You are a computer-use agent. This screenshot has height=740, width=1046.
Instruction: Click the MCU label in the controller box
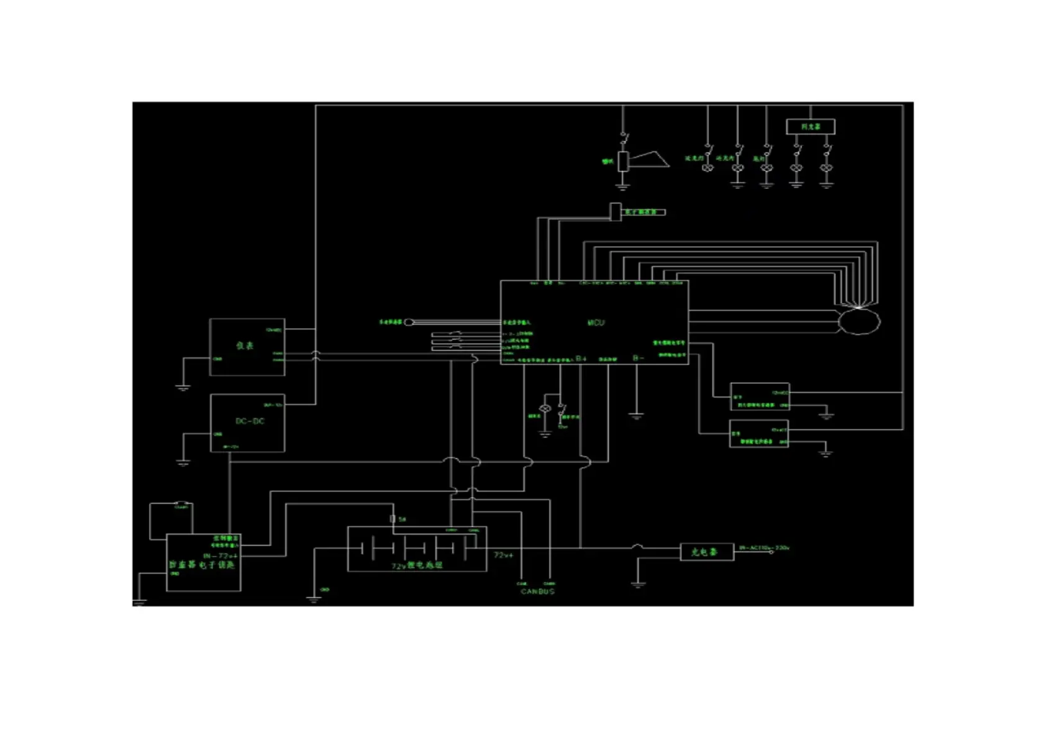click(x=596, y=322)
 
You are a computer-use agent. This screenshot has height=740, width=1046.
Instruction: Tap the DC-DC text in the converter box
click(x=250, y=421)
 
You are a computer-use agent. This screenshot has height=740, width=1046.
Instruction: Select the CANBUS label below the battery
click(x=537, y=592)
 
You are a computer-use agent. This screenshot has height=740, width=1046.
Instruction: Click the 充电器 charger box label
click(x=704, y=552)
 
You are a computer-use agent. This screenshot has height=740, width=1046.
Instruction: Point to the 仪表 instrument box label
click(x=245, y=345)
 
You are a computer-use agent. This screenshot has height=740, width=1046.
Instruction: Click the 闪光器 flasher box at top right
click(x=810, y=127)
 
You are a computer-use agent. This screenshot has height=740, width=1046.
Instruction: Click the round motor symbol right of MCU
click(x=859, y=321)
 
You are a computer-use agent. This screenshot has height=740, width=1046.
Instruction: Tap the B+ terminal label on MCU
click(x=581, y=359)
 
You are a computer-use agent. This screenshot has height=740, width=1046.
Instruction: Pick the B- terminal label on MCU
click(x=638, y=359)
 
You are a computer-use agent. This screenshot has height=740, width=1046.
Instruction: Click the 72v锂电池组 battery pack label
click(x=417, y=565)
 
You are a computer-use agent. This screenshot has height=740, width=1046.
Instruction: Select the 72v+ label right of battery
click(x=504, y=554)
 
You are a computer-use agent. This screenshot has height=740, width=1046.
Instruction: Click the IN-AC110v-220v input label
click(x=764, y=548)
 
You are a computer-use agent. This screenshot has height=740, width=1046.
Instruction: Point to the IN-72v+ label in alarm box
click(x=220, y=555)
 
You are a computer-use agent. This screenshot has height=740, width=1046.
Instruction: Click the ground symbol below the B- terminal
click(x=636, y=416)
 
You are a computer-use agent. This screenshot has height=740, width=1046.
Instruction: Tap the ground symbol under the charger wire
click(x=638, y=583)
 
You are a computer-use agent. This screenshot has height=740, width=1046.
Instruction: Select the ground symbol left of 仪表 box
click(x=183, y=387)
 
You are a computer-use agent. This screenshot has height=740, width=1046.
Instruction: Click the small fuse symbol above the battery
click(x=393, y=519)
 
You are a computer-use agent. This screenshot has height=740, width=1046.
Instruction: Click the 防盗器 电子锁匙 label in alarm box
click(x=202, y=565)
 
